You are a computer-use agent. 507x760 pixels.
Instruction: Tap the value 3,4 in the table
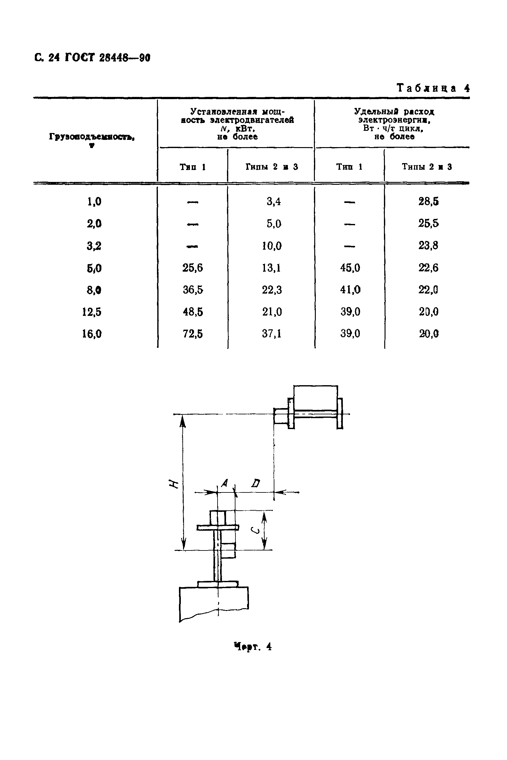(x=273, y=202)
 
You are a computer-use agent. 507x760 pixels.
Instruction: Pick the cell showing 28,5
(x=429, y=202)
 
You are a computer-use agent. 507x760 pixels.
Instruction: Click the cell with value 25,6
(x=192, y=268)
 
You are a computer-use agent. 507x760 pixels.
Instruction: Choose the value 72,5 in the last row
(x=193, y=334)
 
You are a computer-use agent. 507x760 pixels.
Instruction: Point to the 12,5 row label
(x=92, y=312)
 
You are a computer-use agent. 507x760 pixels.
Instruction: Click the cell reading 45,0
(x=350, y=268)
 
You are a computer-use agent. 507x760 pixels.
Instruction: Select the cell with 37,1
(x=272, y=334)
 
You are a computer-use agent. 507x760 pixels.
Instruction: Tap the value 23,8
(x=429, y=246)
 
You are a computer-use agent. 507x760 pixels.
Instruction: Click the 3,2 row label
(x=94, y=246)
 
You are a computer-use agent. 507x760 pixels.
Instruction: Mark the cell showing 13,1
(x=271, y=268)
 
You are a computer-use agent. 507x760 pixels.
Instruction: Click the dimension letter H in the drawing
(x=174, y=484)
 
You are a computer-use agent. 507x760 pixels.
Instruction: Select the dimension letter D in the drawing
(x=256, y=483)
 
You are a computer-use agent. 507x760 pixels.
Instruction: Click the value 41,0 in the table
(x=350, y=290)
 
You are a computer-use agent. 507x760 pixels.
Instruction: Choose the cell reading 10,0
(x=272, y=246)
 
